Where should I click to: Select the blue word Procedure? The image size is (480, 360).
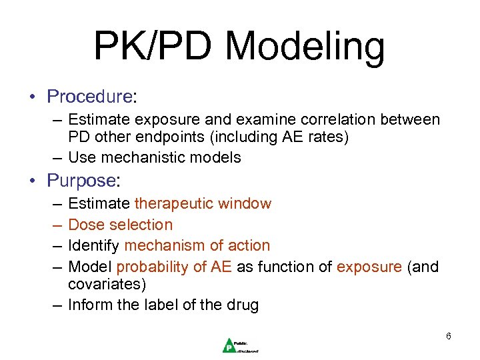[x=89, y=97]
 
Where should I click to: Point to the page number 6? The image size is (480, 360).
[x=449, y=336]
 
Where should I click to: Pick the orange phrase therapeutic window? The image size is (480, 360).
[x=203, y=203]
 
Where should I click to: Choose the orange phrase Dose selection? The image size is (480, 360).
[x=121, y=225]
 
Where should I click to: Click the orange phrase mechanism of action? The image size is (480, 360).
[x=197, y=245]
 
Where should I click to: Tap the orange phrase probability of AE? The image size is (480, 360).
[x=174, y=267]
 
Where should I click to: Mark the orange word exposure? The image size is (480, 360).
[x=369, y=267]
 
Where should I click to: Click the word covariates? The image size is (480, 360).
[x=107, y=284]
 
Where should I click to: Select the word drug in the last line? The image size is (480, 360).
[x=242, y=305]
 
